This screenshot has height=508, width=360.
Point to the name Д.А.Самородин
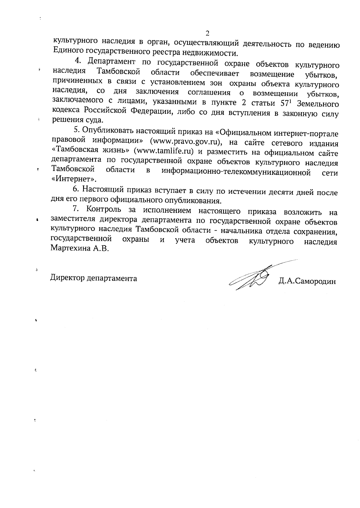[307, 282]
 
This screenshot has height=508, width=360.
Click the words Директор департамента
[94, 278]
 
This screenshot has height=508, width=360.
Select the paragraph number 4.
[78, 61]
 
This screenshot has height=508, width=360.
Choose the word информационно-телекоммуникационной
[235, 172]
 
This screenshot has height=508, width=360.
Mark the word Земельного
[320, 104]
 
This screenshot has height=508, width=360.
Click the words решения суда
[78, 121]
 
